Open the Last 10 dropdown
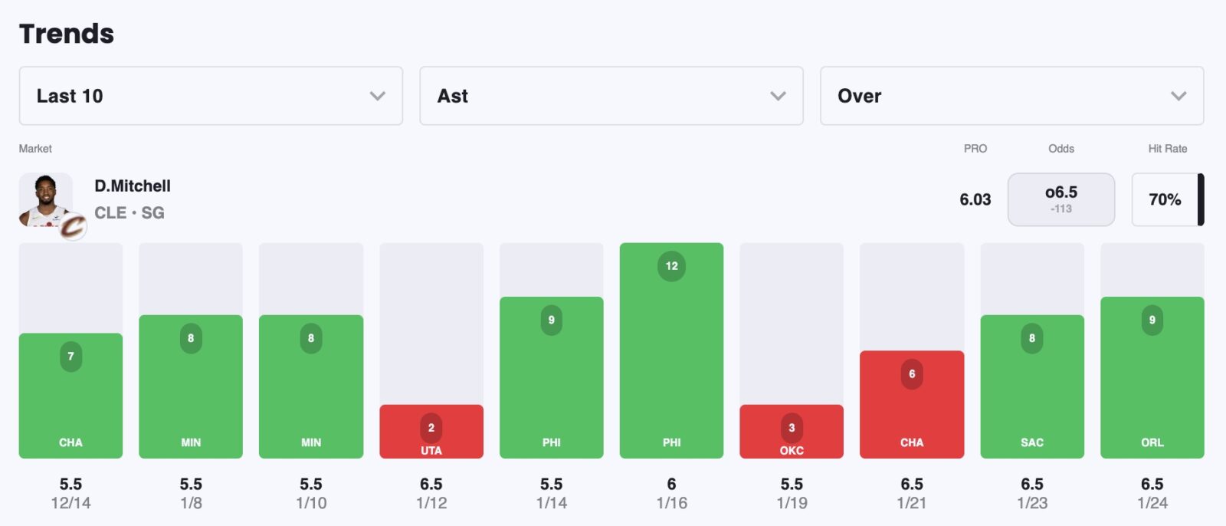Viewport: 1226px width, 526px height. [211, 96]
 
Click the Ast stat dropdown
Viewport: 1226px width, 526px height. [611, 96]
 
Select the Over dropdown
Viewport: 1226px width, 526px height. [1011, 96]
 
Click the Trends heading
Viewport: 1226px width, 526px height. [67, 34]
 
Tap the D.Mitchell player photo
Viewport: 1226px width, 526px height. [46, 200]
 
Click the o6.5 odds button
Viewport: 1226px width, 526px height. [1060, 199]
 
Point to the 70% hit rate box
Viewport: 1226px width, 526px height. [1165, 199]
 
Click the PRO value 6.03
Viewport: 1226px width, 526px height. [975, 199]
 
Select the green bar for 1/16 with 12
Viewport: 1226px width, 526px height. [671, 350]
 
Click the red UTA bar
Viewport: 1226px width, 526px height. [431, 432]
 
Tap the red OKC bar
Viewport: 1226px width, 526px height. [792, 432]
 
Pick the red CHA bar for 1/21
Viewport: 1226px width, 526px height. [912, 404]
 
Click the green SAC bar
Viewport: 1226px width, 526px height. [1032, 386]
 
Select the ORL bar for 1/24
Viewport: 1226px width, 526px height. [1152, 377]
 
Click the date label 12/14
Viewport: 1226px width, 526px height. [70, 503]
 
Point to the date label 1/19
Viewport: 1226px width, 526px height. [792, 503]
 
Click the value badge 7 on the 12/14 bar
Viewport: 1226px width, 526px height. [70, 357]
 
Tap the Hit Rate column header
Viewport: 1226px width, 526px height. [1167, 149]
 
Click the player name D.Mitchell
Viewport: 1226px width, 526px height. [133, 186]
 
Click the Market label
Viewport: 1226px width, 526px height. [35, 149]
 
